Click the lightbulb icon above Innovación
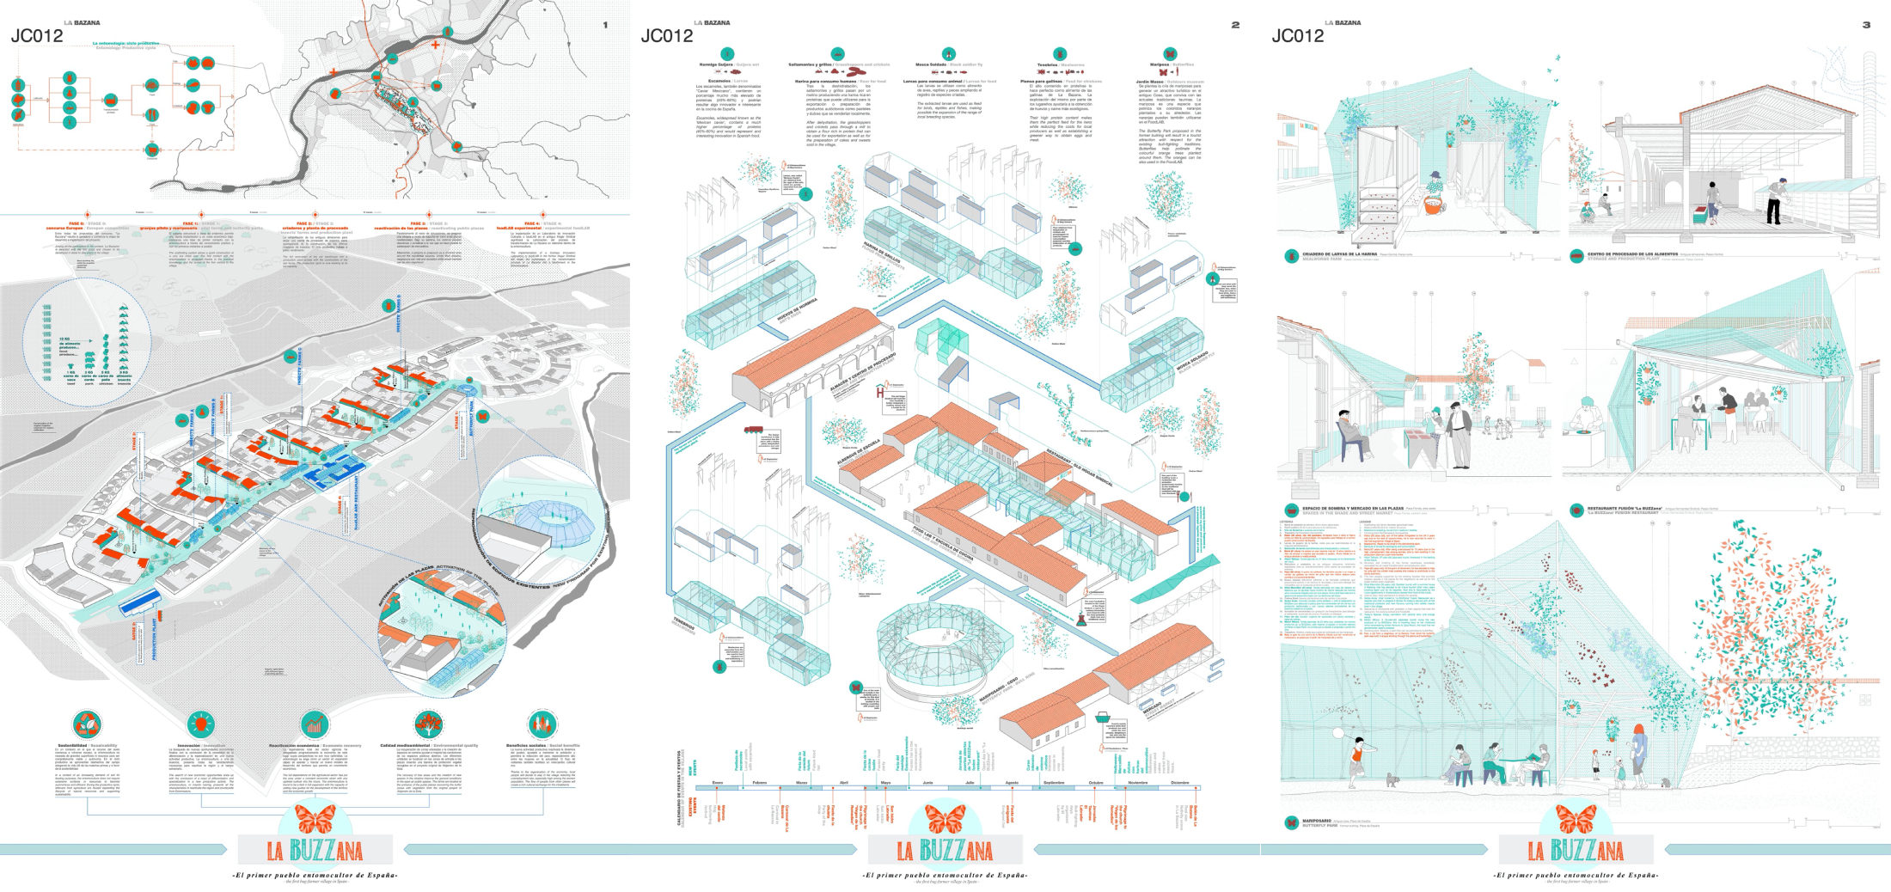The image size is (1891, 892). click(x=200, y=724)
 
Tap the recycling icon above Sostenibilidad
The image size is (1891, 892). click(x=86, y=724)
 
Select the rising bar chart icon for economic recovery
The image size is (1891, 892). click(x=315, y=724)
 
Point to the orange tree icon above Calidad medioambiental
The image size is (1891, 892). click(x=428, y=724)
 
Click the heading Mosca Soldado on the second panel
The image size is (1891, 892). click(x=935, y=64)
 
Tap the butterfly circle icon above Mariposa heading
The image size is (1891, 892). click(x=1170, y=54)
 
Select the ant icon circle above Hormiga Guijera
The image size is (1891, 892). click(x=727, y=54)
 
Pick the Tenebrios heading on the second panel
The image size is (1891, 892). click(x=1047, y=64)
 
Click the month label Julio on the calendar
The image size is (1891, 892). click(x=970, y=783)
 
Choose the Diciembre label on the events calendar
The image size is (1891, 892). click(x=1179, y=783)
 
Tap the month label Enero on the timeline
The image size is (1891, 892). click(x=718, y=783)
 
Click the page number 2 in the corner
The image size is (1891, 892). click(x=1235, y=25)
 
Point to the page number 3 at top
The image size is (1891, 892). click(x=1866, y=25)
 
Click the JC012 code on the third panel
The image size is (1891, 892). click(x=1298, y=36)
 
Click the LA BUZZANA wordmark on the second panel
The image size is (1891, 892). click(x=945, y=851)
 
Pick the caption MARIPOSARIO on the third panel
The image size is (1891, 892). click(x=1319, y=821)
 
